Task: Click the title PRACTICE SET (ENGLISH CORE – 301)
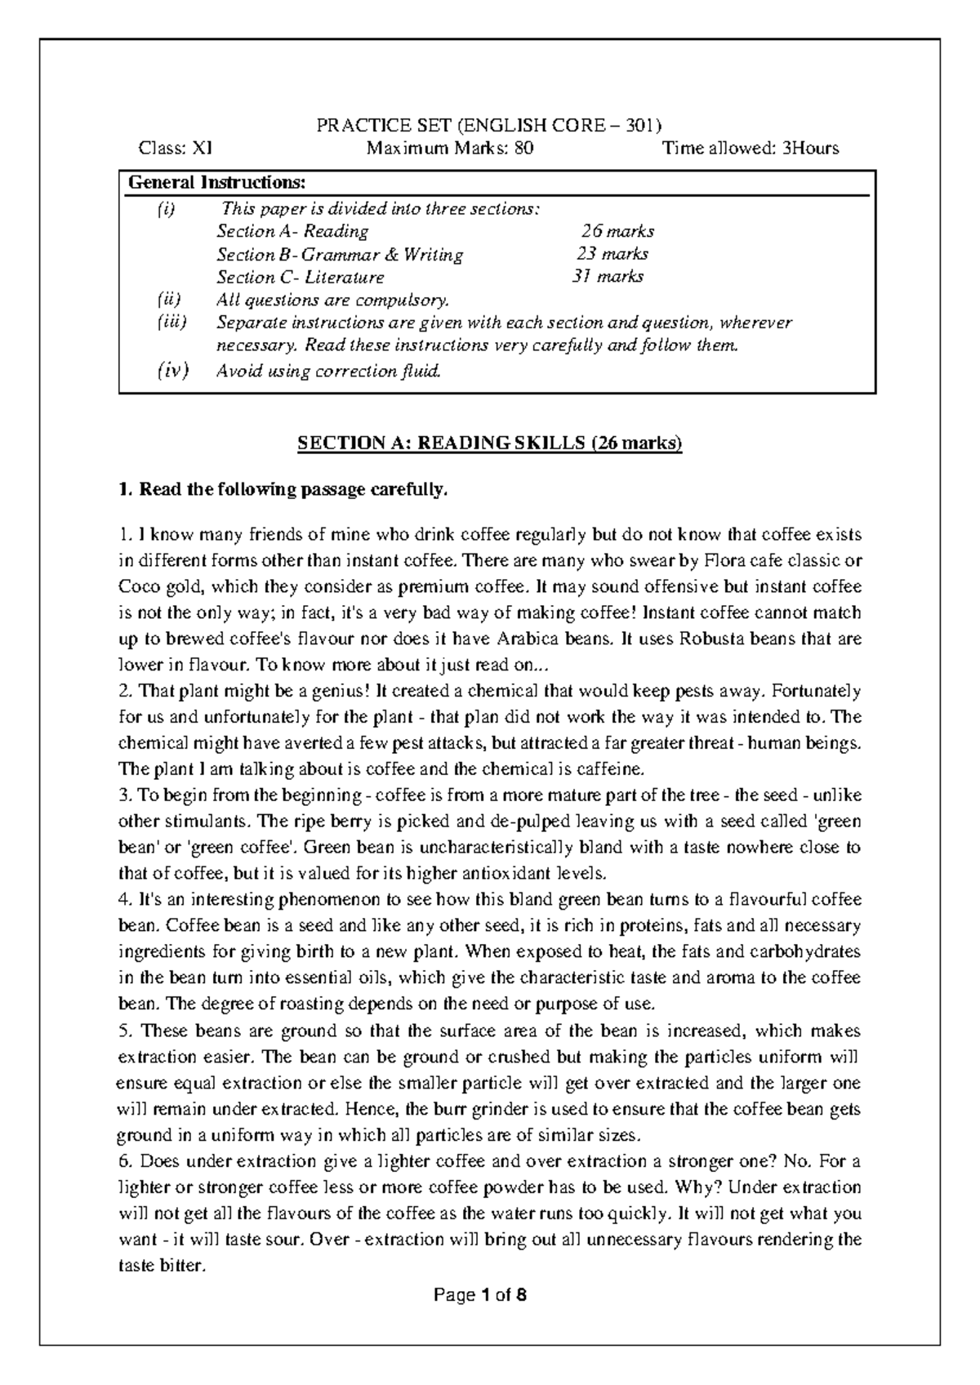click(489, 125)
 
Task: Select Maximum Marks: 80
click(451, 148)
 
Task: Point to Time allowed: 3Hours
click(751, 148)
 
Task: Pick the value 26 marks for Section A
click(617, 231)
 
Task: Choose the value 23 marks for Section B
click(612, 254)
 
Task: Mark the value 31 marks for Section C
click(608, 277)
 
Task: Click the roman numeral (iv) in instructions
click(172, 372)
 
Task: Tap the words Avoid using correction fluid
click(328, 372)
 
